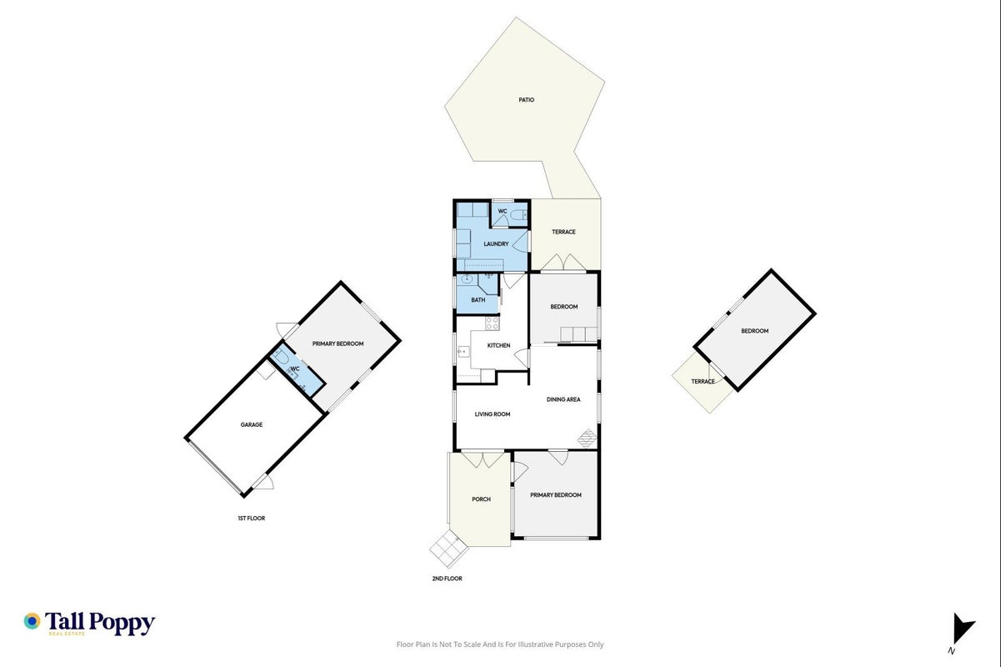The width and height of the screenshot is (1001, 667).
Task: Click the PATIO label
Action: coord(526,100)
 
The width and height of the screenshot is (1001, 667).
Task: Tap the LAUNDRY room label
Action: coord(496,244)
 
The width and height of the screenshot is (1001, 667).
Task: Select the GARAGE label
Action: coord(252,424)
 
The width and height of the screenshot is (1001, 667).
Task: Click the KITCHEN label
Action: coord(498,345)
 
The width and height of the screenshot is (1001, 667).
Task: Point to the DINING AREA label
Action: coord(563,399)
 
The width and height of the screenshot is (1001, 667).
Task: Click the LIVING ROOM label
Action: coord(493,414)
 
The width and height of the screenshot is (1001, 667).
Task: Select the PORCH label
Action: coord(481,499)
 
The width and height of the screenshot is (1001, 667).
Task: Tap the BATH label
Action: coord(478,300)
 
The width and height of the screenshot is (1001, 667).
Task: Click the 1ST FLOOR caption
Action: coord(251,519)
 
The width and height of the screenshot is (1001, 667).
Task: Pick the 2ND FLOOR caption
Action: coord(447,579)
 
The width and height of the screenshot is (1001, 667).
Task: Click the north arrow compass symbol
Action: coord(962,629)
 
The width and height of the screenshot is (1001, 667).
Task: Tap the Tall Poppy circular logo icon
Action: coord(33,621)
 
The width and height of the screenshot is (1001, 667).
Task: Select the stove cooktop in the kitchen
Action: coord(493,323)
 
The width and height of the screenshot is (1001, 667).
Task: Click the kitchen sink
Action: coord(463,352)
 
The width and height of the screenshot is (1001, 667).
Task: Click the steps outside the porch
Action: coord(449,549)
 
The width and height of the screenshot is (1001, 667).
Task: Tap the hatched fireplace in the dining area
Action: coord(588,439)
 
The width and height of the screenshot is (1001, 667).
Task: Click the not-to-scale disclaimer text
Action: coord(500,644)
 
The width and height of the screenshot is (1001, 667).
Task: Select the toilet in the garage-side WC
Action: coord(282,357)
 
